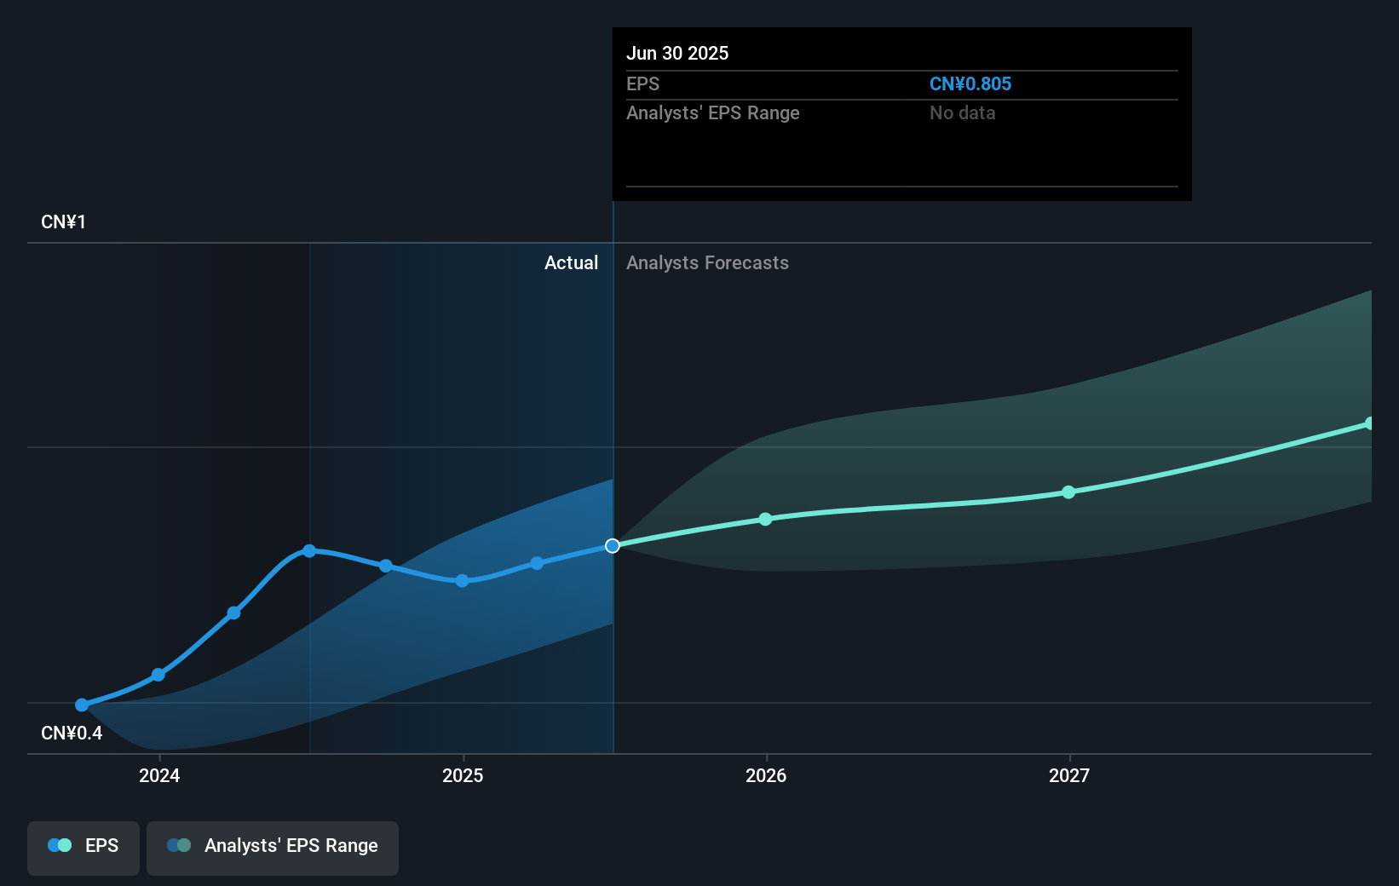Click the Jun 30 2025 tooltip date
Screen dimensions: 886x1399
(x=677, y=53)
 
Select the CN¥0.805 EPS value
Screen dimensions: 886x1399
(x=970, y=83)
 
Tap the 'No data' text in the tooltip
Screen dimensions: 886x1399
(x=962, y=112)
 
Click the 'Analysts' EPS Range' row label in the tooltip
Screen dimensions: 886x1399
(x=712, y=112)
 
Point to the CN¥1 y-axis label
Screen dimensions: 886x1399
(x=63, y=221)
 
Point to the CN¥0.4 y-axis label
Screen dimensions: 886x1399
(x=72, y=733)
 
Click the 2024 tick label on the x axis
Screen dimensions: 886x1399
(x=159, y=775)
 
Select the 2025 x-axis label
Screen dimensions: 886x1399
(x=463, y=775)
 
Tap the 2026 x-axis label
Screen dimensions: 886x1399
(x=766, y=775)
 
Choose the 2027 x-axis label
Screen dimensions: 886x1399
(x=1069, y=775)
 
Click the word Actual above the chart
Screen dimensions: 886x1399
(x=571, y=262)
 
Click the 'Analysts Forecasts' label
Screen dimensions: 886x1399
(x=707, y=262)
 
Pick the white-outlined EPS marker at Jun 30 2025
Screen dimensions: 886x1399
(x=613, y=545)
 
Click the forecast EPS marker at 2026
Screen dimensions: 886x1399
(x=765, y=519)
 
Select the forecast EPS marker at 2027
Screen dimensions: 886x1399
(x=1068, y=492)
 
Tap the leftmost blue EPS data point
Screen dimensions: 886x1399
(x=82, y=705)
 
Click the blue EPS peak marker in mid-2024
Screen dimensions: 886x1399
(x=309, y=551)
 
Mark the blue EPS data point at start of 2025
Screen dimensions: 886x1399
(x=462, y=581)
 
